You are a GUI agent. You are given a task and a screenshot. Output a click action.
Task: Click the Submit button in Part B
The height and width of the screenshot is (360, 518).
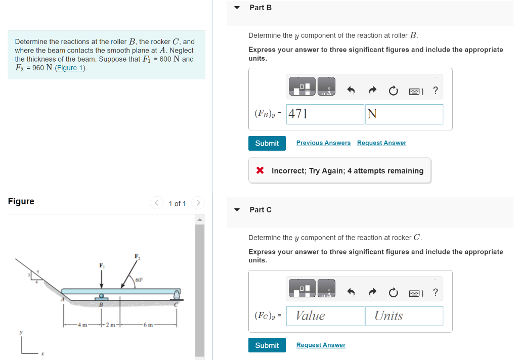(x=267, y=143)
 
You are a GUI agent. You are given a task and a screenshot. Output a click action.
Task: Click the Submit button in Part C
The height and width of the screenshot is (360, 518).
(x=267, y=345)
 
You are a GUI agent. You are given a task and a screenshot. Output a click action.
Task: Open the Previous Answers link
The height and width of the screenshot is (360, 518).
(x=323, y=143)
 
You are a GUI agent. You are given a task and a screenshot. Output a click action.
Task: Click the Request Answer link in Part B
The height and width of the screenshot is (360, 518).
(x=381, y=143)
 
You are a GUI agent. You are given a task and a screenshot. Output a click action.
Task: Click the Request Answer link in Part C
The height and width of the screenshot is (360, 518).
(x=321, y=345)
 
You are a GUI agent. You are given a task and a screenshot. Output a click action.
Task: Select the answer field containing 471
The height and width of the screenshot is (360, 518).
(x=325, y=114)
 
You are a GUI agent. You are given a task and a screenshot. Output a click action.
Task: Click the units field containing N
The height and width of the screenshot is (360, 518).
(x=404, y=114)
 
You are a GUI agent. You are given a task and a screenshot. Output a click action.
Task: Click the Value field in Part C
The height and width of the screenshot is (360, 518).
(x=325, y=316)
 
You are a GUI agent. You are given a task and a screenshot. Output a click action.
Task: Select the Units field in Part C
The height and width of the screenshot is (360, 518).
(x=404, y=316)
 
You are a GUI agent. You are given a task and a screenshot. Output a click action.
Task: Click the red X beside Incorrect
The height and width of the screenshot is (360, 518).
(x=260, y=170)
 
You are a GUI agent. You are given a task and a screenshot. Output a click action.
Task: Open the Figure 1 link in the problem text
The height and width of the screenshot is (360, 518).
(x=70, y=68)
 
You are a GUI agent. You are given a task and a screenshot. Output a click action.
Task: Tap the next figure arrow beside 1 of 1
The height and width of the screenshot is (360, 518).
(x=198, y=203)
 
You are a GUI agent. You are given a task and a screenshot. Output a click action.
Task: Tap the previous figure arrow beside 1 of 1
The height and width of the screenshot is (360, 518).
(x=156, y=203)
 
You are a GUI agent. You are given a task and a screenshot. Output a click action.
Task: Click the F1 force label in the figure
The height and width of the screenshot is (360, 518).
(x=101, y=265)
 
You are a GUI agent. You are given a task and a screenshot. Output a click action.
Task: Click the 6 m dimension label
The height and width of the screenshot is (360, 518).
(x=147, y=324)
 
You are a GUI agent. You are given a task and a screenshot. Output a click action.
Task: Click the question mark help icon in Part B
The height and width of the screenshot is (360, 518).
(x=436, y=91)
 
